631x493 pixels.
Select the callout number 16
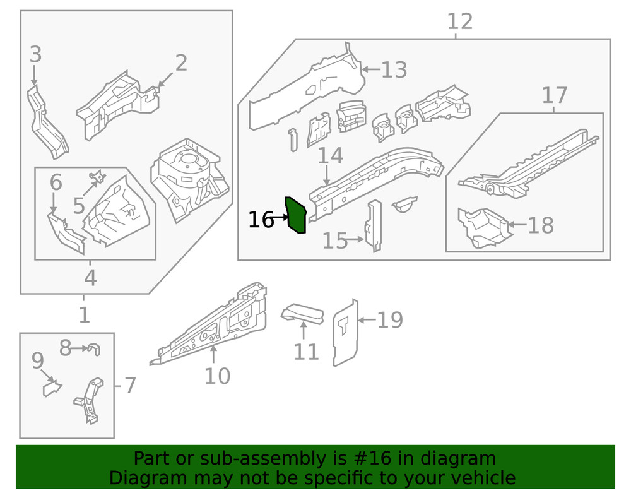click(x=261, y=220)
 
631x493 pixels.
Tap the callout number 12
click(x=459, y=21)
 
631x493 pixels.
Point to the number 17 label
click(x=554, y=96)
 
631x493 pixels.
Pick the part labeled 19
click(x=345, y=333)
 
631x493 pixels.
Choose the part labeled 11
click(x=302, y=313)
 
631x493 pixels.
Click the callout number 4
click(x=90, y=278)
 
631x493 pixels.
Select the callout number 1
click(x=84, y=314)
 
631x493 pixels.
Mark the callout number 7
click(x=129, y=385)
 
